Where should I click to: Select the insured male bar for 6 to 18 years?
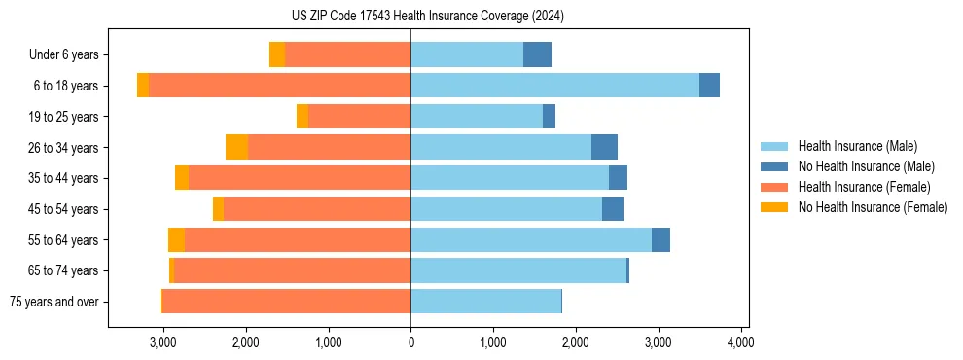[x=554, y=86]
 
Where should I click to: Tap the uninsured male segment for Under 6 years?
[x=537, y=54]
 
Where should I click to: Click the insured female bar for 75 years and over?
[x=286, y=302]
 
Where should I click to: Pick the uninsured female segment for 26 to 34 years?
[x=236, y=147]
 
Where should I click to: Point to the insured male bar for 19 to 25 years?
[x=477, y=117]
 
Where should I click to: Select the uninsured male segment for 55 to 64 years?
[x=660, y=240]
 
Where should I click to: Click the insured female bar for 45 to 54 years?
[x=317, y=209]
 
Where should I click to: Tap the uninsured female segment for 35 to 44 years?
[x=182, y=178]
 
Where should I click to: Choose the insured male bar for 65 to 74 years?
[x=518, y=270]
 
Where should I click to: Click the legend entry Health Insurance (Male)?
[x=857, y=146]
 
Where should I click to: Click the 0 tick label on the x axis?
[x=410, y=342]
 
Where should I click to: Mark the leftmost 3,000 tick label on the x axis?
[x=162, y=342]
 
